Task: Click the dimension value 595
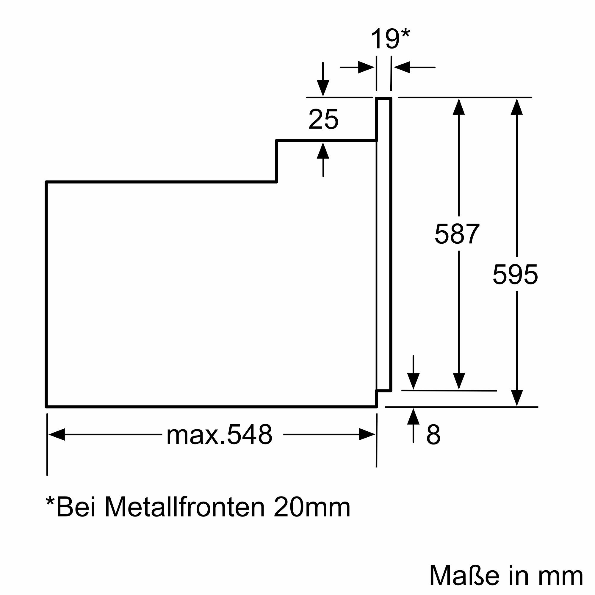tap(515, 274)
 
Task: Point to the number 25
tap(323, 119)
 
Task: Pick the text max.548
tap(219, 435)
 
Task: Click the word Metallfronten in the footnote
tap(184, 507)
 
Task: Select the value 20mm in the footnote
tap(312, 507)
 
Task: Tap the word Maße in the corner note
tap(464, 575)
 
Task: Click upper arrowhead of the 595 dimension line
tap(517, 107)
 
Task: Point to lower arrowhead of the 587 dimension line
tap(459, 381)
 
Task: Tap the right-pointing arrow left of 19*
tap(366, 67)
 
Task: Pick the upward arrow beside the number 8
tap(413, 418)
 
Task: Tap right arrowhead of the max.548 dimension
tap(367, 435)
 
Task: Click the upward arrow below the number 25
tap(323, 151)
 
